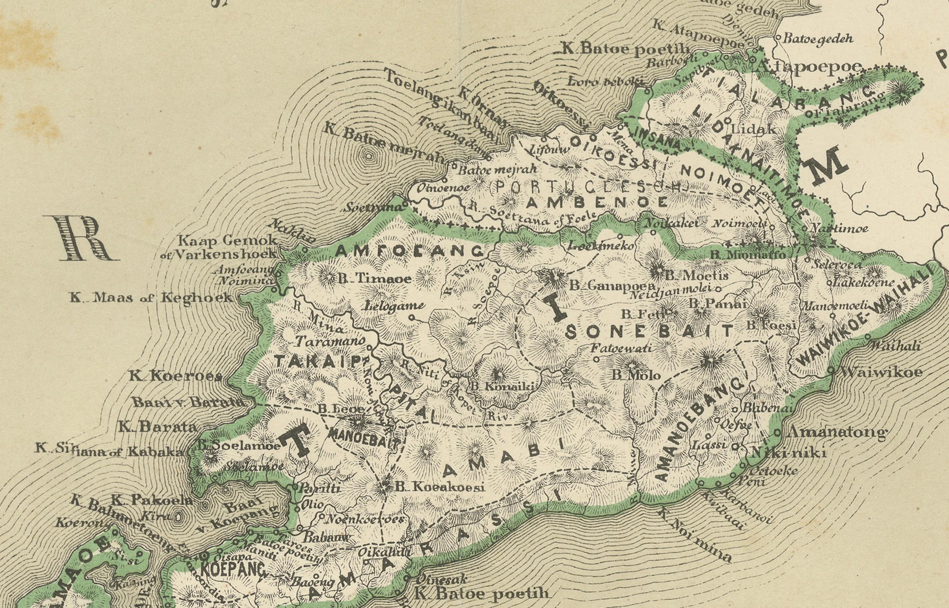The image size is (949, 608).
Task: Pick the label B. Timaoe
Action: pyautogui.click(x=375, y=279)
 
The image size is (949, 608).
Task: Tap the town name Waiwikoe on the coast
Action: pyautogui.click(x=881, y=371)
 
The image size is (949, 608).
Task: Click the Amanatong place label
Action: pyautogui.click(x=836, y=431)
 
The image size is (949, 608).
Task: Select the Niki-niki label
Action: pyautogui.click(x=788, y=452)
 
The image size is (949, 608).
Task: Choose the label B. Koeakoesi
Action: pyautogui.click(x=440, y=487)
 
